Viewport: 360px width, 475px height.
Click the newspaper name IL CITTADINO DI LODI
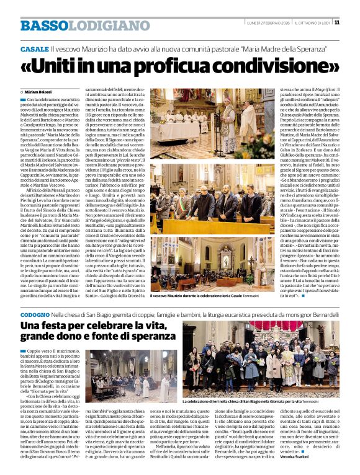(311, 23)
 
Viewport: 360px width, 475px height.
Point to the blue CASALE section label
(34, 48)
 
